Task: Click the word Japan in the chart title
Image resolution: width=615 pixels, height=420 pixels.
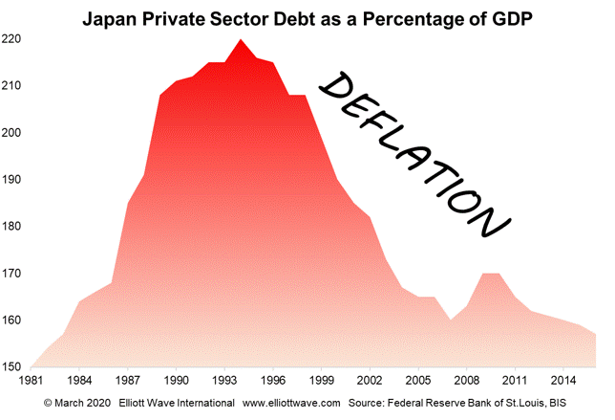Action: click(x=108, y=17)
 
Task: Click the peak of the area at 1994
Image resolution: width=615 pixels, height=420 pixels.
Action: click(x=240, y=40)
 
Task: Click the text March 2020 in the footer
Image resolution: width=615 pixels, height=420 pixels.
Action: click(x=84, y=403)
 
